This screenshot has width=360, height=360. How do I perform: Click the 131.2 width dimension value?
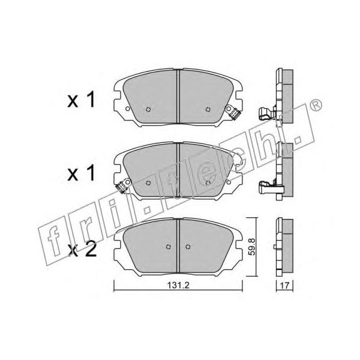(178, 286)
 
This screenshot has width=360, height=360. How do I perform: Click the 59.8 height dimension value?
(252, 247)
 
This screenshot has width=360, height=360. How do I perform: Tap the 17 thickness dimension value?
(284, 286)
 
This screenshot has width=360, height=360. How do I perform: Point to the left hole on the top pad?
(148, 109)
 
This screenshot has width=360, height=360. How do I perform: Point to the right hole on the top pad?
(208, 109)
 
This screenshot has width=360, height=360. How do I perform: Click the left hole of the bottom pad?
(168, 247)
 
